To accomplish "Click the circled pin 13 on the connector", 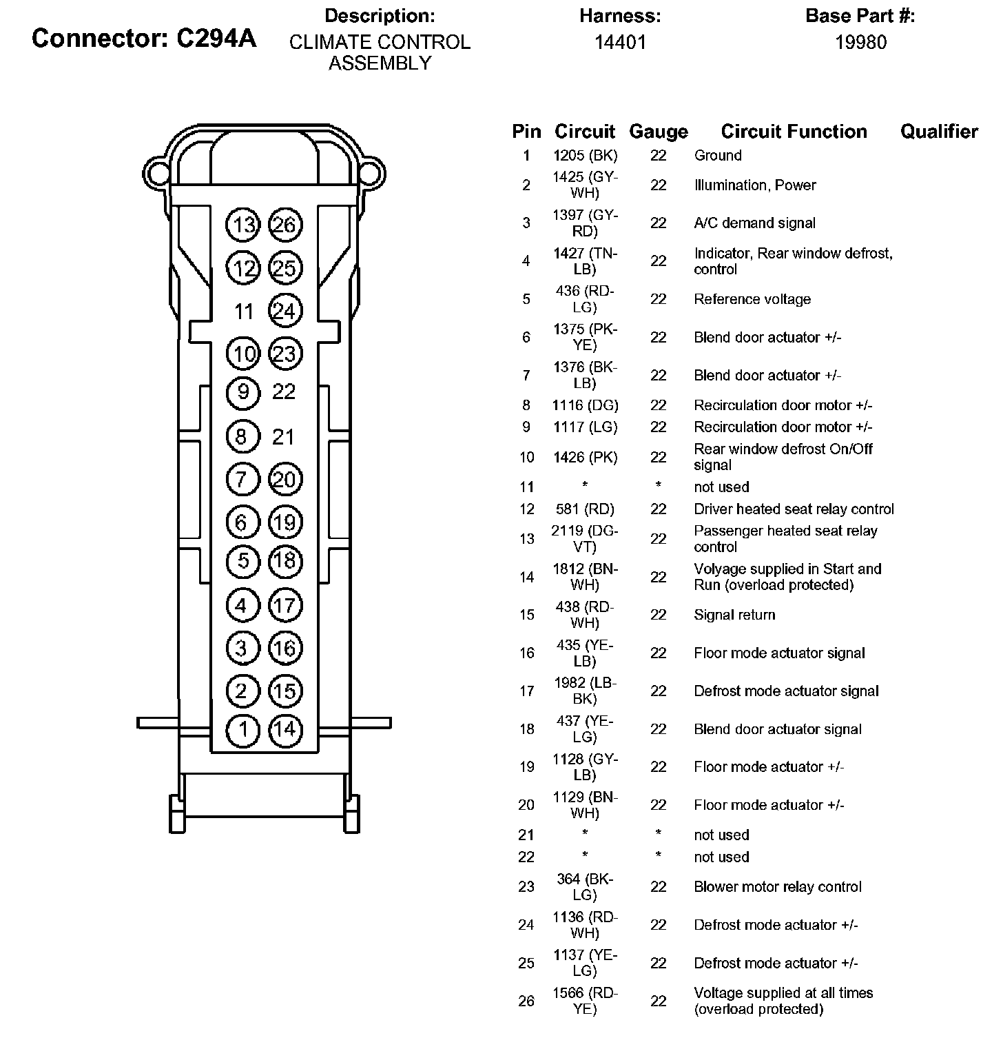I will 242,225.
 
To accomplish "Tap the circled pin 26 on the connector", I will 285,225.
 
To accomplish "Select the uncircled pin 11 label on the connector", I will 244,312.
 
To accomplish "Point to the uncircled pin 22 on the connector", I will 284,392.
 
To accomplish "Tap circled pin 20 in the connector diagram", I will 285,479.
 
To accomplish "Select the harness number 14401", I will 620,43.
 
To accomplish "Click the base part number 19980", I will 860,43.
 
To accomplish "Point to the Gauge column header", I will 659,132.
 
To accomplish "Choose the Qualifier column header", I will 939,132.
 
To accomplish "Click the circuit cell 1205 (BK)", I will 585,156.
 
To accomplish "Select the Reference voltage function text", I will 752,300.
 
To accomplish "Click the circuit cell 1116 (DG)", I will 585,405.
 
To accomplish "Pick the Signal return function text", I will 734,615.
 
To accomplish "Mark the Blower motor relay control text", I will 778,887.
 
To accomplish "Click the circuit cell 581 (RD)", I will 585,509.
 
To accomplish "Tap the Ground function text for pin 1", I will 718,156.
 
